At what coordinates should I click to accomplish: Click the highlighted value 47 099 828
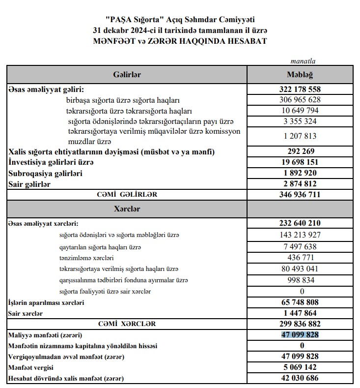(x=300, y=335)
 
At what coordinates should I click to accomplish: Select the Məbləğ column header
(x=300, y=74)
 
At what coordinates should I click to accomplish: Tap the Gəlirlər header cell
(x=127, y=74)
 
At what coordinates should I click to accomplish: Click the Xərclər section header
(x=127, y=209)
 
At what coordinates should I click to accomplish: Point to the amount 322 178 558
(x=300, y=90)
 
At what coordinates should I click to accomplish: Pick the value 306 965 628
(x=300, y=100)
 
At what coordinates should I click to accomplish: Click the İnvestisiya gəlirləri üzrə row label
(x=51, y=162)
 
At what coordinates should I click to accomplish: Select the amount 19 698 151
(x=300, y=162)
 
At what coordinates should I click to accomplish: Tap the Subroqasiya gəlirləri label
(x=45, y=173)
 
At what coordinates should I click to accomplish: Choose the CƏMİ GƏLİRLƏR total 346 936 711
(x=300, y=195)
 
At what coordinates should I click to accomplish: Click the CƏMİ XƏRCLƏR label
(x=127, y=324)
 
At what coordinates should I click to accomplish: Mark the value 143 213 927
(x=300, y=235)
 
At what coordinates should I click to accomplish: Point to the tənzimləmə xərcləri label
(x=86, y=258)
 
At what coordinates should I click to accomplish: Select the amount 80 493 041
(x=300, y=269)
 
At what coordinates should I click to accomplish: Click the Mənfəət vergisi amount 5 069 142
(x=300, y=367)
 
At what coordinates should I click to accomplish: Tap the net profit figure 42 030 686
(x=300, y=378)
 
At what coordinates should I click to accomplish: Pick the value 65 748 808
(x=300, y=302)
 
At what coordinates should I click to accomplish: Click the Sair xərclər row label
(x=25, y=313)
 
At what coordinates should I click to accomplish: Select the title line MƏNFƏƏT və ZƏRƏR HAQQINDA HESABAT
(x=180, y=41)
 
